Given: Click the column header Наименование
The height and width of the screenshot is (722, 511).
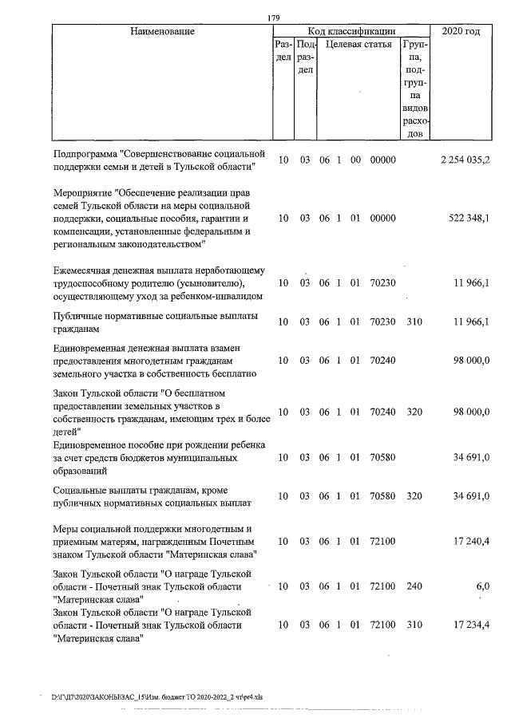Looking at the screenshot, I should click(163, 31).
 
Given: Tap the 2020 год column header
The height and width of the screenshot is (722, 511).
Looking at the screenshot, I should click(465, 31).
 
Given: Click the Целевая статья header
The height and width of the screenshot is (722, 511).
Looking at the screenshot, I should click(357, 45).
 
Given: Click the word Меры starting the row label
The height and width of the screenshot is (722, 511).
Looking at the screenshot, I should click(65, 528).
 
